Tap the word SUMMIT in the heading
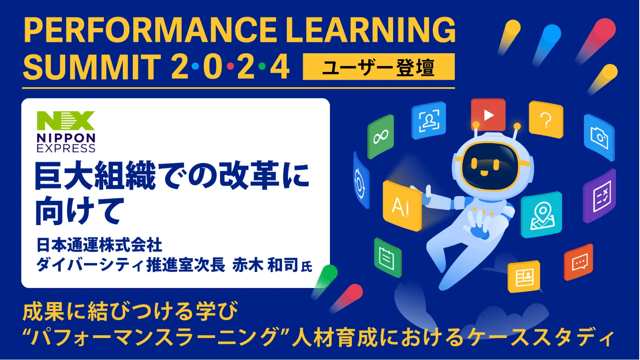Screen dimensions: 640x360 [x=92, y=67]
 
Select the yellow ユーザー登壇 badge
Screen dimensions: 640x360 [x=378, y=66]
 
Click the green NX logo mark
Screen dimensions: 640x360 [x=66, y=120]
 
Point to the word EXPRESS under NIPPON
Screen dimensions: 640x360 [x=66, y=148]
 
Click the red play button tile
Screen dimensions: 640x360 [x=488, y=114]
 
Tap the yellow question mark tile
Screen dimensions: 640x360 [x=546, y=120]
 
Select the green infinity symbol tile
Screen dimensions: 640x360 [x=380, y=136]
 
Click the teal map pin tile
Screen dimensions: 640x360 [x=541, y=214]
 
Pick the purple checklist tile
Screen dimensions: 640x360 [x=600, y=196]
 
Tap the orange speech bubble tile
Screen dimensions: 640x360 [x=578, y=262]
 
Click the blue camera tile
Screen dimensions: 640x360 [x=599, y=138]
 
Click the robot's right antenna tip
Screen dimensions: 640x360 [x=517, y=126]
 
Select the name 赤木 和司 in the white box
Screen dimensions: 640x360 [x=265, y=266]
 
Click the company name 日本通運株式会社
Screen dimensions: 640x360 [x=99, y=245]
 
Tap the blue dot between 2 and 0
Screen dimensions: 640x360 [x=196, y=66]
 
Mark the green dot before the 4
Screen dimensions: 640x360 [x=262, y=66]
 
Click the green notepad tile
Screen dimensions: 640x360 [x=388, y=258]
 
